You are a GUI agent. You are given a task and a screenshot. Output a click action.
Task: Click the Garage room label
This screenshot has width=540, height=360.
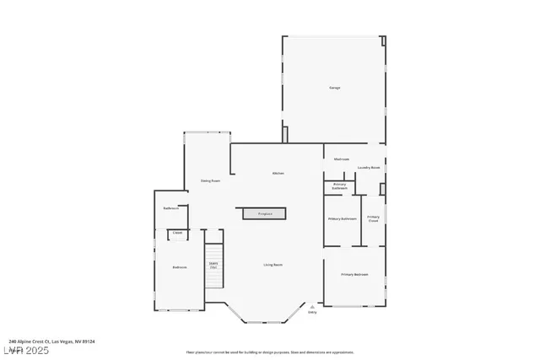click(x=334, y=88)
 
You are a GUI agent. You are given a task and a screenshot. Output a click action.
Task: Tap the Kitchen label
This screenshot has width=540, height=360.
click(x=278, y=174)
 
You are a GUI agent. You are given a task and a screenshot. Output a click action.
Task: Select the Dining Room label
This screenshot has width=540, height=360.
click(x=210, y=180)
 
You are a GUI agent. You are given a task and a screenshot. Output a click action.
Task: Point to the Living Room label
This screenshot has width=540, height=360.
click(x=272, y=265)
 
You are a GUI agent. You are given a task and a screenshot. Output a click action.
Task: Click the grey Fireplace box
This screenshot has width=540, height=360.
click(x=265, y=213)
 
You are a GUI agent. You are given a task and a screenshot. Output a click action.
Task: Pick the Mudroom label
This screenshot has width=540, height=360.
click(x=342, y=159)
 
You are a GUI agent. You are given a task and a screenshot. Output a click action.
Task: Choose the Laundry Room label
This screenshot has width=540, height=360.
click(x=369, y=168)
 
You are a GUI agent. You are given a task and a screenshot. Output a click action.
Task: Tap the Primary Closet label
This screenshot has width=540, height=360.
click(x=373, y=218)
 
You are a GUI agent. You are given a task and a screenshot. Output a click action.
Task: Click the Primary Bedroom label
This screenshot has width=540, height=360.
click(x=354, y=275)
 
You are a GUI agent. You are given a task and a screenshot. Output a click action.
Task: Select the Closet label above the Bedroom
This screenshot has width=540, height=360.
click(x=177, y=234)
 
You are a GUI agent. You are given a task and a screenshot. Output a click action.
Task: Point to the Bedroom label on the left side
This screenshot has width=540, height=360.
click(x=179, y=267)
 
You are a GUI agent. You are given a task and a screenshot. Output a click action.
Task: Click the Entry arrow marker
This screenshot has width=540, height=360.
click(x=312, y=306)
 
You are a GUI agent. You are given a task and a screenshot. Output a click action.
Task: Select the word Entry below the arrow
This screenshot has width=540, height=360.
click(x=312, y=312)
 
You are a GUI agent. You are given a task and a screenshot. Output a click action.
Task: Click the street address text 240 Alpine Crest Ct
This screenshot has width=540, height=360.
click(x=51, y=341)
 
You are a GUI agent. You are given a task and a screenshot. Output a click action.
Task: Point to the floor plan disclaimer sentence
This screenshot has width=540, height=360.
click(x=270, y=352)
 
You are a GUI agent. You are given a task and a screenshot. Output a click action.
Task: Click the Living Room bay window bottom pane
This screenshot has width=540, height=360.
click(x=268, y=323)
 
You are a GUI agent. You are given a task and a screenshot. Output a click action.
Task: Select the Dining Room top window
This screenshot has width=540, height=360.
click(x=207, y=132)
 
